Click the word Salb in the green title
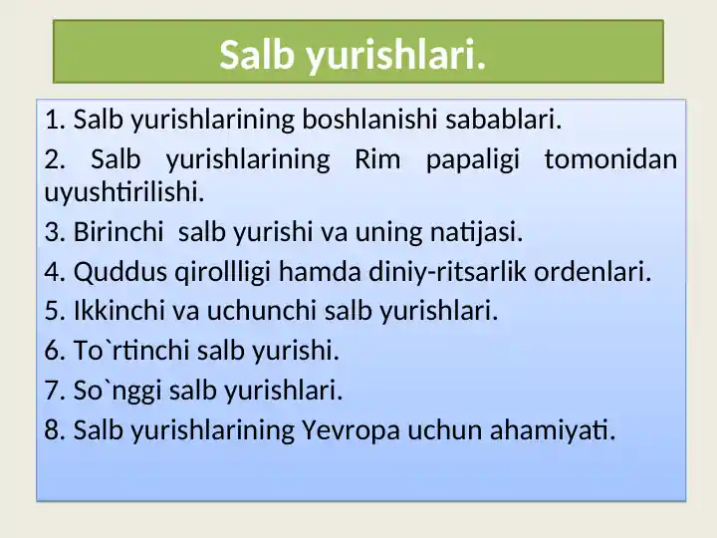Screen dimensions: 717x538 click(257, 55)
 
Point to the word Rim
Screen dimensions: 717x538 click(377, 159)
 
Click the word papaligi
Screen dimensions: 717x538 click(473, 160)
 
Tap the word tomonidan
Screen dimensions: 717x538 click(610, 159)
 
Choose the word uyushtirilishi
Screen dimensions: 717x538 click(124, 192)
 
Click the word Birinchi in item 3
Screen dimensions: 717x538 click(119, 231)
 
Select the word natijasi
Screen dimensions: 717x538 click(476, 232)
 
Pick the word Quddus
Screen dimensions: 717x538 click(120, 272)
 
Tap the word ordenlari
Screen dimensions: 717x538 click(593, 272)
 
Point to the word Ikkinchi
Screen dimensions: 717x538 click(119, 311)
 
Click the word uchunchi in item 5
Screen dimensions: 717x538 click(262, 311)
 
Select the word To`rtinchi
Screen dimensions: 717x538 click(131, 351)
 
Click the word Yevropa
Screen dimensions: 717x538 click(352, 431)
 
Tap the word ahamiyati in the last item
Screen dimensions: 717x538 click(553, 431)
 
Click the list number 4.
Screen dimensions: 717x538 click(52, 272)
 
